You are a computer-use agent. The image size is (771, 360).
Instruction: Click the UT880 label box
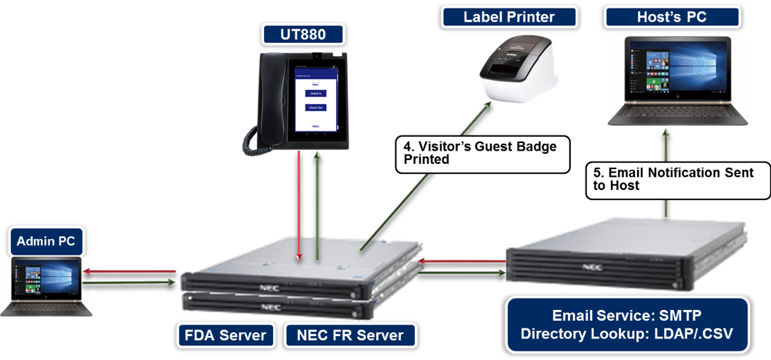point(302,34)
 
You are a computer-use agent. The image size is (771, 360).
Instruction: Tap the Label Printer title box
point(509,17)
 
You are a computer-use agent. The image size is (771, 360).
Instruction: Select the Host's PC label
point(673,17)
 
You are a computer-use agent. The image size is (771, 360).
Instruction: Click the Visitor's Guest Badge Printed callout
point(477,153)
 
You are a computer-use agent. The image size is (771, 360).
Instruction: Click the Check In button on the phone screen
point(315,93)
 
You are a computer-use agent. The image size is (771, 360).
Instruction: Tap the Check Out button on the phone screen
point(315,108)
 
